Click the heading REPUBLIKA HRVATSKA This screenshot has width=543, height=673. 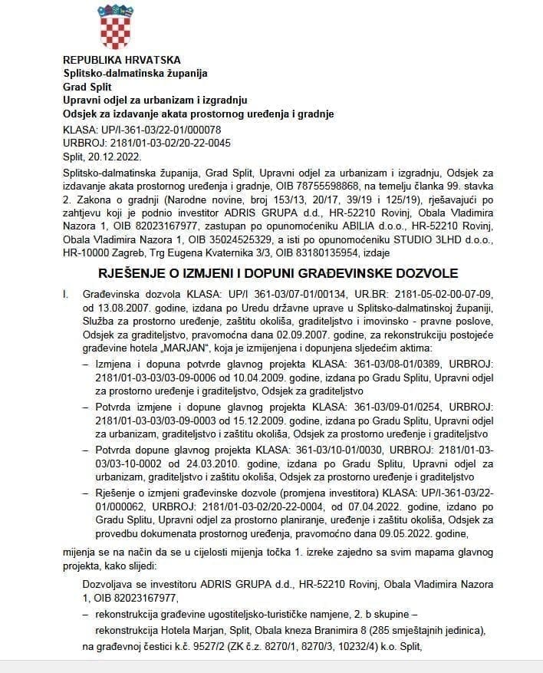coord(121,60)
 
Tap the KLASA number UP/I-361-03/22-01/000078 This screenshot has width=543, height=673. coord(159,129)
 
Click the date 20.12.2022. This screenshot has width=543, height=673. coord(112,155)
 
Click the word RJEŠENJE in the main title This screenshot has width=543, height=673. coord(134,273)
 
